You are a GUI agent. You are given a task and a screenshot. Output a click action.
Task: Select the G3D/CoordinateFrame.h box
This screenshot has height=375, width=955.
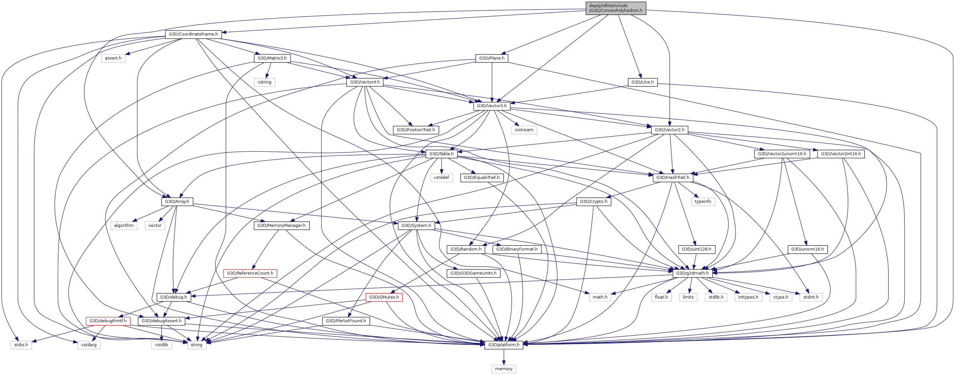click(193, 34)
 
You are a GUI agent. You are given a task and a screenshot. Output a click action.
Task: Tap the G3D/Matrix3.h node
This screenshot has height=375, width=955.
click(272, 58)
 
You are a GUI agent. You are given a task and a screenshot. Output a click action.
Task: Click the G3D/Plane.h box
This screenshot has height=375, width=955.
click(492, 58)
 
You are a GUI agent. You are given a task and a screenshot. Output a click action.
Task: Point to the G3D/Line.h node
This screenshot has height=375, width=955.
click(642, 82)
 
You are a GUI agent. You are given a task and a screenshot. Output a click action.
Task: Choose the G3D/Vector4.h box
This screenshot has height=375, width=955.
click(365, 82)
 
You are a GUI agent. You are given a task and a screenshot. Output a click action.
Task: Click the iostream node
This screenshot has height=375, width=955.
click(524, 130)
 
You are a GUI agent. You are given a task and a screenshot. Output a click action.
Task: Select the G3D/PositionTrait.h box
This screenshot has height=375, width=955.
click(416, 130)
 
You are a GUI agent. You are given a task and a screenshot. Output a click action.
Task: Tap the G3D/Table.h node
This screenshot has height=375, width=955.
click(441, 154)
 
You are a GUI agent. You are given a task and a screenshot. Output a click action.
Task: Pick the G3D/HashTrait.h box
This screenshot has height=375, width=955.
click(672, 178)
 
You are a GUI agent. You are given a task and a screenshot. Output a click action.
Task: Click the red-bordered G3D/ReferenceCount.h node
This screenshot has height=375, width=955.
click(250, 273)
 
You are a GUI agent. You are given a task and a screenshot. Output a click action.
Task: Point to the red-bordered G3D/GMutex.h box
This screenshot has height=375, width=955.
click(384, 297)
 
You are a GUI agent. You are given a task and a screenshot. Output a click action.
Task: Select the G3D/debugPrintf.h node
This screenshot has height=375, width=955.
click(108, 321)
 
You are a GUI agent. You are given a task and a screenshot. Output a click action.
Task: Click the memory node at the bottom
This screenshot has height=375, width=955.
click(504, 369)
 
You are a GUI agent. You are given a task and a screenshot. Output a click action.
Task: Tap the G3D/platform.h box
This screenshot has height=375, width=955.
click(504, 345)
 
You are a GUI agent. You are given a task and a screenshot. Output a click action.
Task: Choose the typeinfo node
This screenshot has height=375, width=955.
click(703, 201)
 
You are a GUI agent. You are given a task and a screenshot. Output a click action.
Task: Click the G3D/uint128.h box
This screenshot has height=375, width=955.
click(696, 249)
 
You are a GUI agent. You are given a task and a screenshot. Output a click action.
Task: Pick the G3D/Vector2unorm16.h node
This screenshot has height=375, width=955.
click(781, 154)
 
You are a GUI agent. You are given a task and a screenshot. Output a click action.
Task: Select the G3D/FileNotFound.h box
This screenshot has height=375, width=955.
click(346, 321)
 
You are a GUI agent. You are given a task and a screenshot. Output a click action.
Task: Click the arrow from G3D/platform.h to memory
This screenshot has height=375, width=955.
click(504, 357)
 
